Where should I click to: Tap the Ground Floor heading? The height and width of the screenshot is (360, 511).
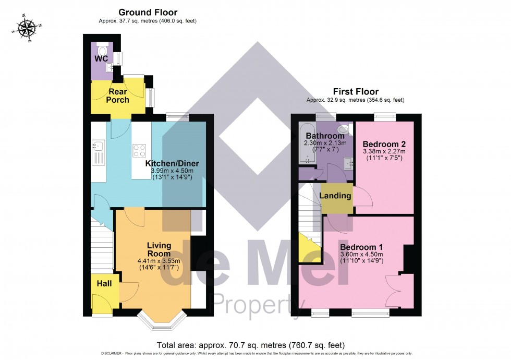148,12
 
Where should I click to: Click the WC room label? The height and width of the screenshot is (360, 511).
101,58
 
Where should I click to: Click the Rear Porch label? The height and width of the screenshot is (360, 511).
118,96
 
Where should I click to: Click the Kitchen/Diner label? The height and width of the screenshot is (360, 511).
172,163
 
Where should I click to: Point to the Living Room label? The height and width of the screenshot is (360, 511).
159,249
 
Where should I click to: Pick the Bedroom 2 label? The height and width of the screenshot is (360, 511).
384,143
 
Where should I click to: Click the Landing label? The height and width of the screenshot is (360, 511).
336,196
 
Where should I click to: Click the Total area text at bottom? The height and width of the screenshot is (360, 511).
250,345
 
